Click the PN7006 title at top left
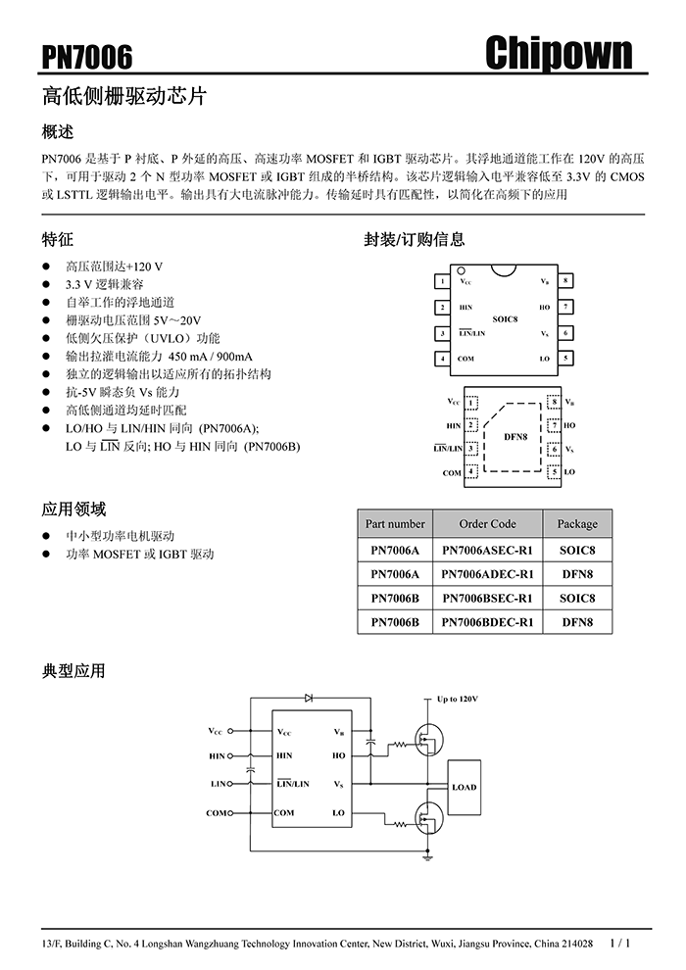[x=87, y=58]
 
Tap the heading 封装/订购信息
[x=415, y=239]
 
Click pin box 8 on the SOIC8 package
[x=566, y=281]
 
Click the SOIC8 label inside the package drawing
[x=505, y=319]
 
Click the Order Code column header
[x=487, y=524]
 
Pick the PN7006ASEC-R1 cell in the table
[x=487, y=550]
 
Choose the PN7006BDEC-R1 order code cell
[x=487, y=621]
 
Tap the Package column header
[x=577, y=524]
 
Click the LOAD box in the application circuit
[x=464, y=787]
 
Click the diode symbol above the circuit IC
[x=309, y=698]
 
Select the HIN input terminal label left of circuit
[x=218, y=756]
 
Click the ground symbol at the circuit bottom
[x=428, y=856]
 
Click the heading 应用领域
[x=73, y=509]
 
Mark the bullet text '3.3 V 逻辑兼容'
[x=105, y=284]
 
